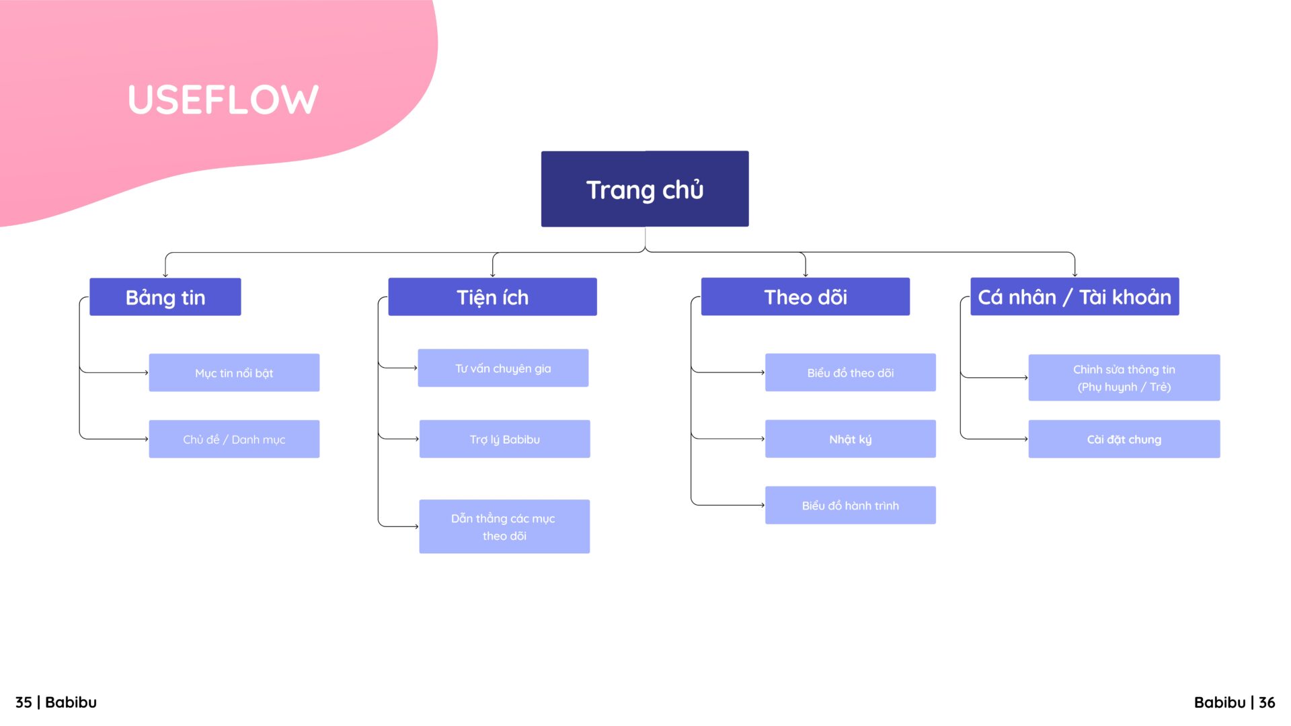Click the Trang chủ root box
(x=645, y=189)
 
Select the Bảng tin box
(x=165, y=296)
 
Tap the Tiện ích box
(x=492, y=296)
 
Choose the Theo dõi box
(x=806, y=296)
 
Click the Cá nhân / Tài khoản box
(x=1074, y=296)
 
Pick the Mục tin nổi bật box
(x=234, y=372)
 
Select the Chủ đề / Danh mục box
(x=234, y=439)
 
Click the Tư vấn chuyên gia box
(x=503, y=368)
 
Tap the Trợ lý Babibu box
(x=504, y=439)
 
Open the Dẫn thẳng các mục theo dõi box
(x=504, y=526)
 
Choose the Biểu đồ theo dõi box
(x=851, y=372)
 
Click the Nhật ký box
(x=851, y=439)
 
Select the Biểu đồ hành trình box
(x=851, y=505)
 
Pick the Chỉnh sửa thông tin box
(x=1124, y=378)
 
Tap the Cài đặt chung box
(x=1124, y=439)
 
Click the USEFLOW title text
(x=223, y=99)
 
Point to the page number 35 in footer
(x=24, y=702)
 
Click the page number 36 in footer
(x=1267, y=702)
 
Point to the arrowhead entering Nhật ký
(x=763, y=439)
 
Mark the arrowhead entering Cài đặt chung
(x=1026, y=439)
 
